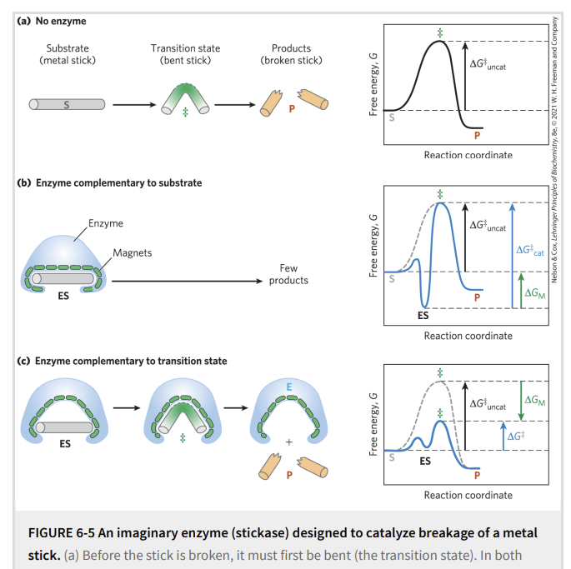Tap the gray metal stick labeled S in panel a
coord(68,105)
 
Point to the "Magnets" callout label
coord(133,252)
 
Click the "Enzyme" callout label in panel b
coord(105,223)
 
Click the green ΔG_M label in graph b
coord(533,292)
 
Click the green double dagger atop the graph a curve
coord(440,32)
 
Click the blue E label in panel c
coord(288,387)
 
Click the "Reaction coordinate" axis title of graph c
coord(468,495)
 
